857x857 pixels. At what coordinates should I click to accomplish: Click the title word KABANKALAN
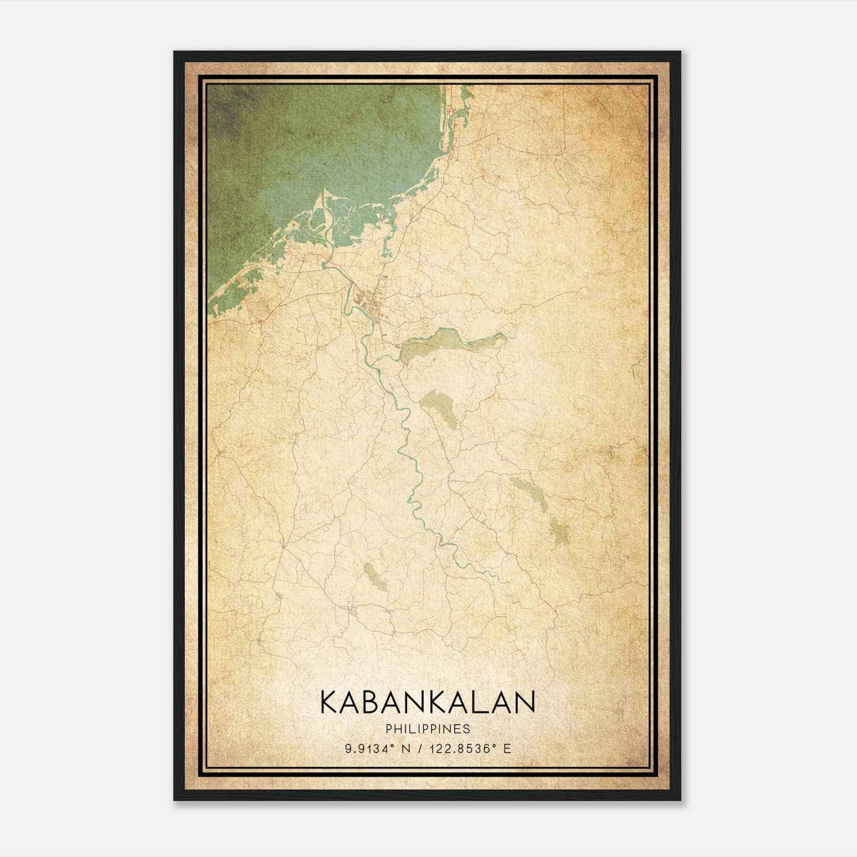(x=427, y=702)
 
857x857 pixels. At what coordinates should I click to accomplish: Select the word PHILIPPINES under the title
(x=427, y=729)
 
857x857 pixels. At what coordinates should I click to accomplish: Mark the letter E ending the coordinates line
(x=507, y=748)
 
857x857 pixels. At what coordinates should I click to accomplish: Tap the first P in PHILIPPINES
(x=387, y=729)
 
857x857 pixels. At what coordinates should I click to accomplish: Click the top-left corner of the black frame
(x=175, y=52)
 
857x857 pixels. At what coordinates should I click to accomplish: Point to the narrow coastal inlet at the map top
(x=453, y=112)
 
